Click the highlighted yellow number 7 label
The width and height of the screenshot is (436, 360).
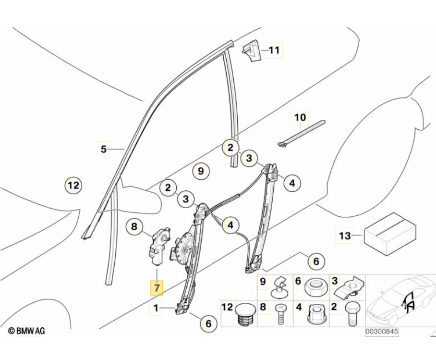point(156,287)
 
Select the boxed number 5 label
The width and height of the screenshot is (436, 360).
point(103,149)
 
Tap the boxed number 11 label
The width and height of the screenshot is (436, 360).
point(274,50)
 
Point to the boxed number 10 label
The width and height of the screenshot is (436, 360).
point(300,117)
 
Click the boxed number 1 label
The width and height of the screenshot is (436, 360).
point(156,307)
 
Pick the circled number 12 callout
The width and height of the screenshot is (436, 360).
point(73,185)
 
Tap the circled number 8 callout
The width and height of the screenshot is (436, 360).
point(134,225)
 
